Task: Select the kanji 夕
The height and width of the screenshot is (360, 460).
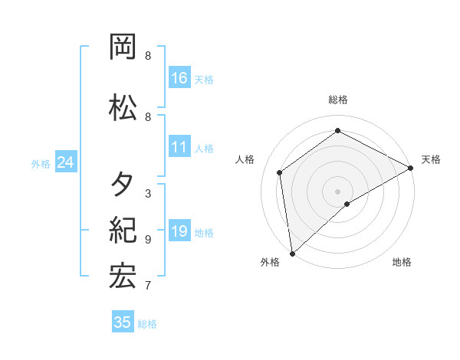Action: pyautogui.click(x=123, y=185)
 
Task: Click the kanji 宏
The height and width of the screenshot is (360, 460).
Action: pyautogui.click(x=123, y=277)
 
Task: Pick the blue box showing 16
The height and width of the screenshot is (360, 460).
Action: pyautogui.click(x=179, y=78)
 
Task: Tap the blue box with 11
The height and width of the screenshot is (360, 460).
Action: pyautogui.click(x=179, y=147)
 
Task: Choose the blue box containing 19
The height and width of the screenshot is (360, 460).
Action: pyautogui.click(x=179, y=231)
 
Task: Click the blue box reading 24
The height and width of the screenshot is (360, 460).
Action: pyautogui.click(x=65, y=162)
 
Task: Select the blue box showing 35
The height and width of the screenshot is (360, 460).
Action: pyautogui.click(x=123, y=322)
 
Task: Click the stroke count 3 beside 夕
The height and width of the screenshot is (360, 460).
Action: pyautogui.click(x=148, y=193)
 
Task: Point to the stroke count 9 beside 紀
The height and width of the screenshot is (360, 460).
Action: pyautogui.click(x=148, y=239)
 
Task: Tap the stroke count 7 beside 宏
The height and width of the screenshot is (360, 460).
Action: pyautogui.click(x=148, y=286)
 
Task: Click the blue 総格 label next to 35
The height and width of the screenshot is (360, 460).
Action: pyautogui.click(x=147, y=324)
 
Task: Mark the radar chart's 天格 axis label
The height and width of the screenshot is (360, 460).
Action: pyautogui.click(x=431, y=159)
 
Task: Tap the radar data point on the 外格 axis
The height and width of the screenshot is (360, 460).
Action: pyautogui.click(x=292, y=253)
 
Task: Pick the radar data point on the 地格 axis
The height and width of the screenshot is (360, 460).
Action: pyautogui.click(x=347, y=204)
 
